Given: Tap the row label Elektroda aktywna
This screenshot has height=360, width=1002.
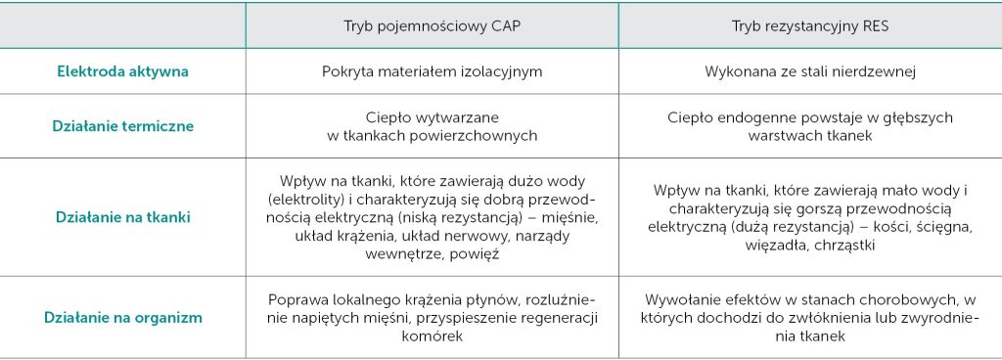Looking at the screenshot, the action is [x=123, y=71].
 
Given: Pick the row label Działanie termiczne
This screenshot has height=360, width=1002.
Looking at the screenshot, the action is [x=123, y=125].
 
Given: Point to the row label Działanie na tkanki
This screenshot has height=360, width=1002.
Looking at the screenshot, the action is [x=123, y=217].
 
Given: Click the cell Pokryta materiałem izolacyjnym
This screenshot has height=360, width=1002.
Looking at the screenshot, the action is [x=432, y=71].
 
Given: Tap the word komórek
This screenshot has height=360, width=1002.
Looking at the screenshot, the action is [x=432, y=335].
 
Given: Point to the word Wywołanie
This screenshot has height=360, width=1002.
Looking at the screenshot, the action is [x=679, y=299].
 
